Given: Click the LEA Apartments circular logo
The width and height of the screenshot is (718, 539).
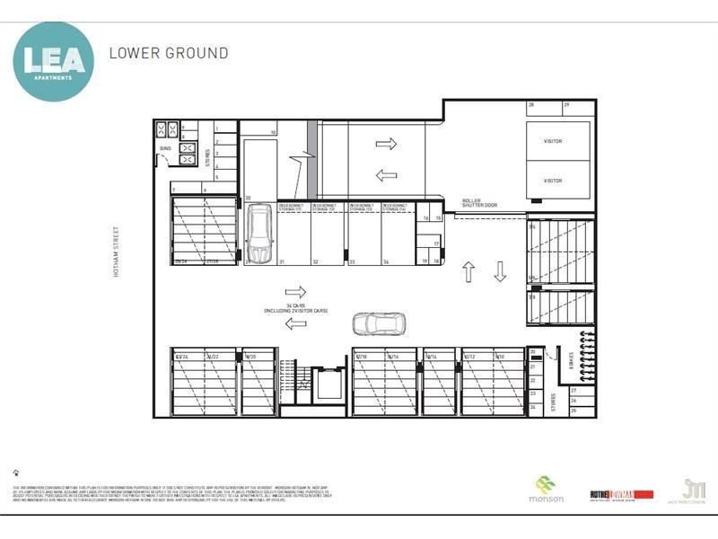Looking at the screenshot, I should point(53,61).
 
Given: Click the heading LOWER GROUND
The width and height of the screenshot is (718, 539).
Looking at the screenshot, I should point(169,53).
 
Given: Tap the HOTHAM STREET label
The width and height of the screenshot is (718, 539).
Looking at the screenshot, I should point(116,251).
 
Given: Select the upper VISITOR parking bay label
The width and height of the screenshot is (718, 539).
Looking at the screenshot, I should point(553,141).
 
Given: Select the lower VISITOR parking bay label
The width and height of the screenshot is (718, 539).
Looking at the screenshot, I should point(553,181).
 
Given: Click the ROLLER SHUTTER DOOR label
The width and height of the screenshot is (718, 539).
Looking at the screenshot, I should point(479,203).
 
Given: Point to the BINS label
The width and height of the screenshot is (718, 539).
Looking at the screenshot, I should point(165,148).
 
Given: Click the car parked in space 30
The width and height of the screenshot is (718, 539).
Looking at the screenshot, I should point(259,234).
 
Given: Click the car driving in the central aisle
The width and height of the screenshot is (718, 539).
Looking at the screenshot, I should point(379,323).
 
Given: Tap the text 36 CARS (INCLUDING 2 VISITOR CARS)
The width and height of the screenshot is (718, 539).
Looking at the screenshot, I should point(295,308).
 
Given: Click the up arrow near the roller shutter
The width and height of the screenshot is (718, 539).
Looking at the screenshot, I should point(468,270).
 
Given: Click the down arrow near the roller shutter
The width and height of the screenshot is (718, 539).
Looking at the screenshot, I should point(500,270).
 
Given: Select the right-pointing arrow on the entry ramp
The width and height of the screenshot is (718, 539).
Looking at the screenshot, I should point(386,144).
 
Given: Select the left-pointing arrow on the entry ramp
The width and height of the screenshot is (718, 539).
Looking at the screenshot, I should point(386,175).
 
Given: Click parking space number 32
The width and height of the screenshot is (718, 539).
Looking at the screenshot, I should point(315,262).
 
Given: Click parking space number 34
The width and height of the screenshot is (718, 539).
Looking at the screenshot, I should point(385,262).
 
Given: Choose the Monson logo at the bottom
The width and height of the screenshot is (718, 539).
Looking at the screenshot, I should point(546,489).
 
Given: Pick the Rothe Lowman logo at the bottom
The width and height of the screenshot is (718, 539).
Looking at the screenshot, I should point(621,494).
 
